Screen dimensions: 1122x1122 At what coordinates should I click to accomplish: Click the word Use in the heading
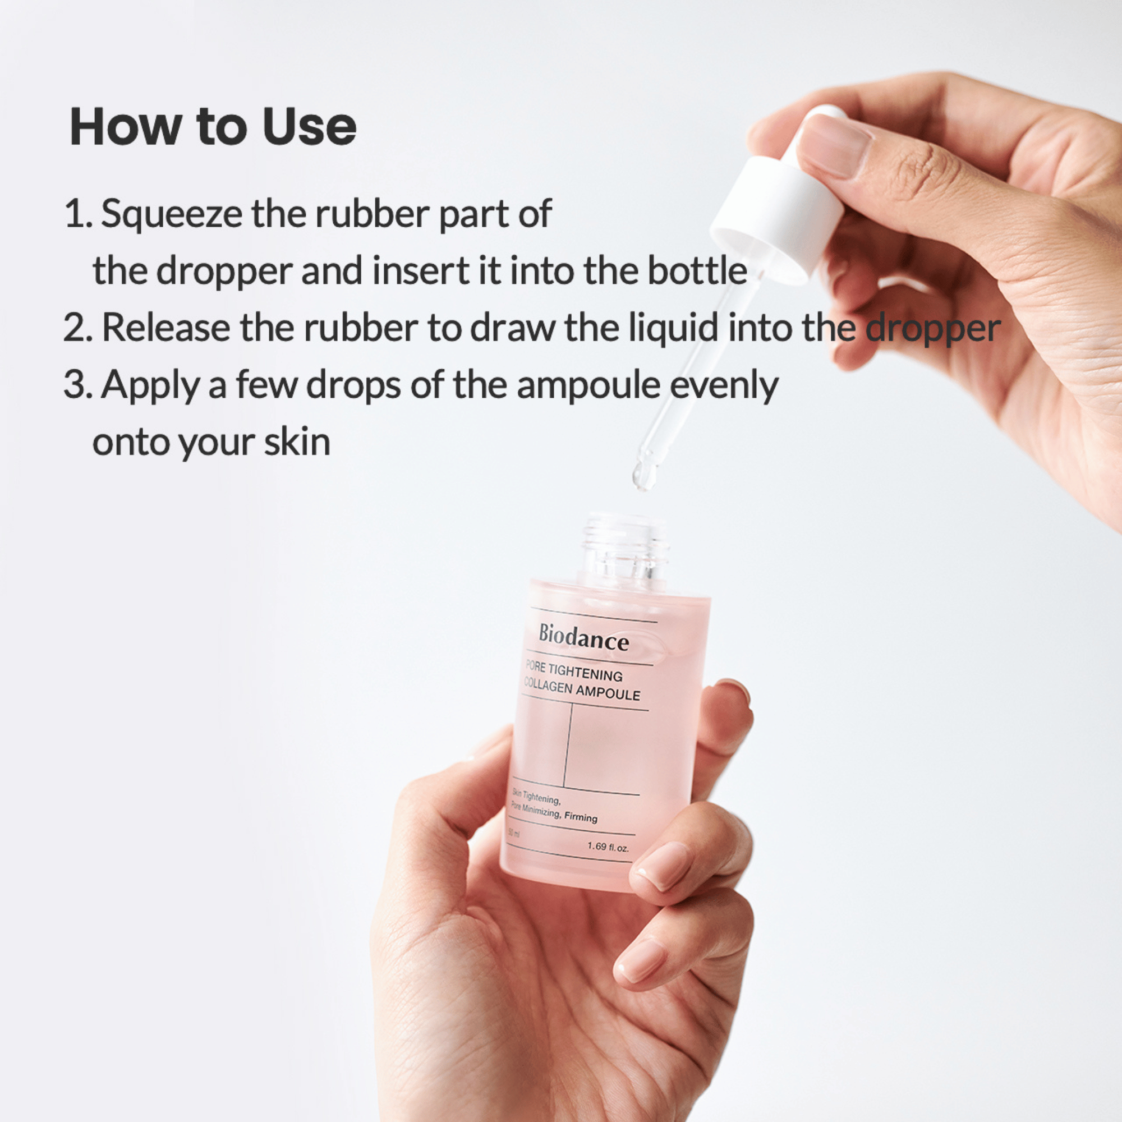click(309, 126)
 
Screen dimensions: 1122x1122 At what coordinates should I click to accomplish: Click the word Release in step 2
click(166, 328)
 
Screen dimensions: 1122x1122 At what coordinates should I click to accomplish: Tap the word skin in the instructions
click(297, 442)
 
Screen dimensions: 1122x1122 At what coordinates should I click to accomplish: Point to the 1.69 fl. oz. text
click(608, 847)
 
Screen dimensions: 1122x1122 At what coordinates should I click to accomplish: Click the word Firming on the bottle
click(580, 817)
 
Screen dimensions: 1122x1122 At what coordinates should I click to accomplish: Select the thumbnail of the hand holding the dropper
click(835, 146)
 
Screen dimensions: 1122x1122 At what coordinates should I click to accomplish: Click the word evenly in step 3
click(724, 386)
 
